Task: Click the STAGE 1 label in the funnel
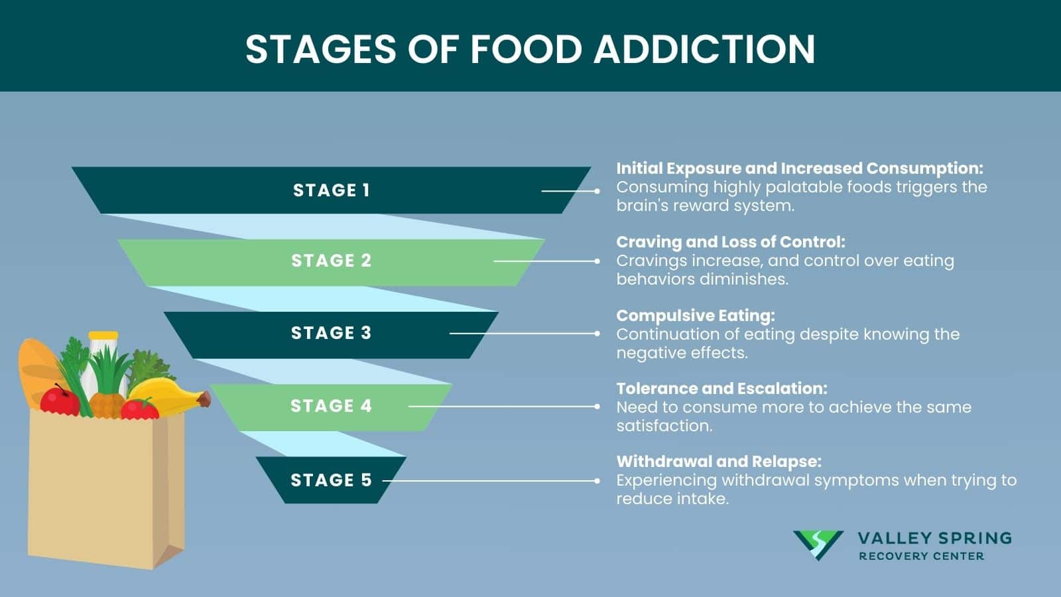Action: tap(331, 190)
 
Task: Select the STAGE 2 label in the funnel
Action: tap(331, 261)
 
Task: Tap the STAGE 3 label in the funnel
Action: tap(331, 333)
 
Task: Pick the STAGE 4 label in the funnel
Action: tap(331, 406)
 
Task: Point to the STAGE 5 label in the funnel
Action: tap(331, 480)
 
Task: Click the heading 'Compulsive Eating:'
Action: tap(695, 316)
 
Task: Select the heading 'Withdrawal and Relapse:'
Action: tap(719, 462)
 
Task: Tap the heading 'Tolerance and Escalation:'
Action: tap(721, 389)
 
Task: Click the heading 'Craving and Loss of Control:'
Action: tap(730, 242)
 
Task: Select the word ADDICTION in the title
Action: tap(704, 49)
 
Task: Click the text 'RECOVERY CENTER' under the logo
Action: tap(921, 557)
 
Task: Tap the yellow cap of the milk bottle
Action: tap(103, 336)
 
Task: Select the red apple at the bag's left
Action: tap(60, 401)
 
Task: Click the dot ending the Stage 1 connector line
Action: tap(597, 191)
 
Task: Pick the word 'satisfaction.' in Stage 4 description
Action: tap(664, 426)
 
